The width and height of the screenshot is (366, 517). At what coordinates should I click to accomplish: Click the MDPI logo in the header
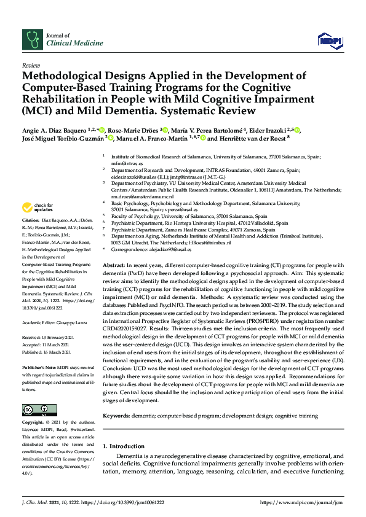click(330, 41)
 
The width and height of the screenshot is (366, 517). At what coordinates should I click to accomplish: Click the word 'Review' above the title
click(30, 64)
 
